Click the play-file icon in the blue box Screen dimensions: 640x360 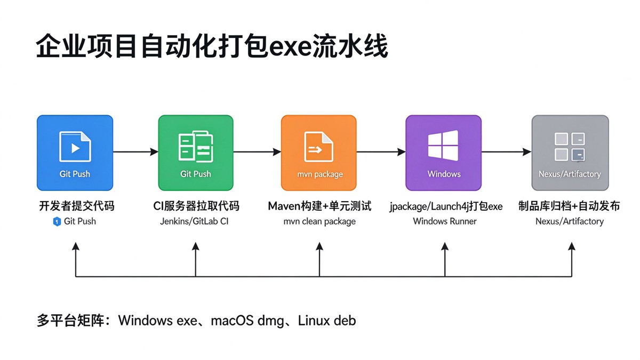pos(75,147)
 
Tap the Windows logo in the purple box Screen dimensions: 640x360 pos(443,146)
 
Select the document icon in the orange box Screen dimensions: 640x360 pos(318,147)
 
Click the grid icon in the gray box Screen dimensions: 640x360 pos(570,147)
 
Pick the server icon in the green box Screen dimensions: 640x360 pos(196,146)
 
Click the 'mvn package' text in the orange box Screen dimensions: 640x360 pos(320,174)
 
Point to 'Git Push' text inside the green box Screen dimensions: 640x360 pos(196,174)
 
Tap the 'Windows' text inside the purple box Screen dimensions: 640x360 pos(444,174)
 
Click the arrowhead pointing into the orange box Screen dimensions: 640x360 pos(277,151)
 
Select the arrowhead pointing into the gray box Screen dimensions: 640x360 pos(527,151)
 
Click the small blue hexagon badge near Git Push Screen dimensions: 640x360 pos(57,221)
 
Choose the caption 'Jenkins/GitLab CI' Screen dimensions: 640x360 pos(194,221)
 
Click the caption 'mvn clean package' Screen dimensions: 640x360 pos(319,222)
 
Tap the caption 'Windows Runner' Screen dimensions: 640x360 pos(445,221)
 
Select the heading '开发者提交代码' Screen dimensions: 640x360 pos(77,206)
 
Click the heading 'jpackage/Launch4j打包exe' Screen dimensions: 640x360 pos(446,206)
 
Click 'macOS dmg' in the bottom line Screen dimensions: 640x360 pos(247,321)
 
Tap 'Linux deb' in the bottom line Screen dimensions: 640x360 pos(327,321)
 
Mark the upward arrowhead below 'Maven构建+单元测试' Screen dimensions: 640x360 pos(319,246)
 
